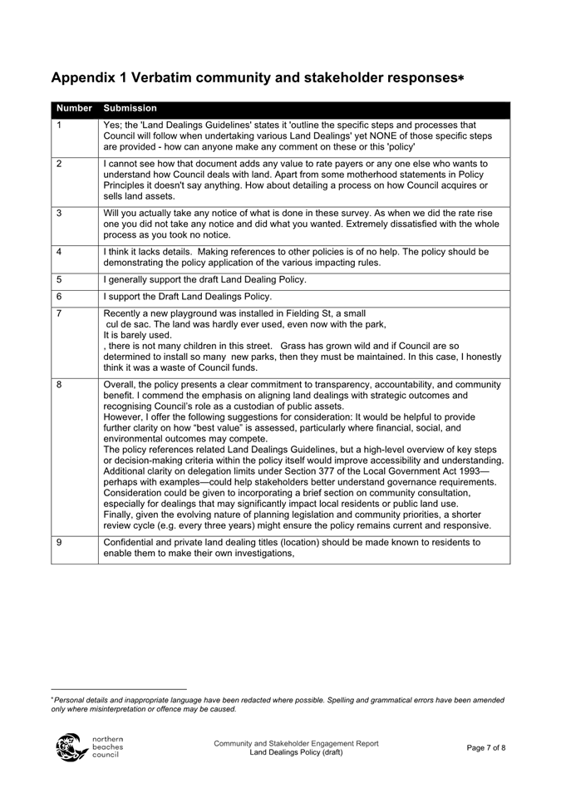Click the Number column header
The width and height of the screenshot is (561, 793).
pos(74,108)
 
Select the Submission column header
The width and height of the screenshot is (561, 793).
pos(129,108)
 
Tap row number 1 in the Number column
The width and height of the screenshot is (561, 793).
pos(59,126)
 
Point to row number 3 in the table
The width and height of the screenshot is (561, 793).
pos(59,213)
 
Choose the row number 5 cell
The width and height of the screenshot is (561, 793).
pos(59,279)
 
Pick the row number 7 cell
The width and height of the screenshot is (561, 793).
pos(59,313)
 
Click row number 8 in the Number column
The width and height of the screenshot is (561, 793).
pos(59,386)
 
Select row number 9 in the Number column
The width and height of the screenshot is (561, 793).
pos(59,542)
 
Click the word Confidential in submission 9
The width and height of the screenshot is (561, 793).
pos(131,542)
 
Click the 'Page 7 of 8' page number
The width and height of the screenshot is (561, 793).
pos(486,748)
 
